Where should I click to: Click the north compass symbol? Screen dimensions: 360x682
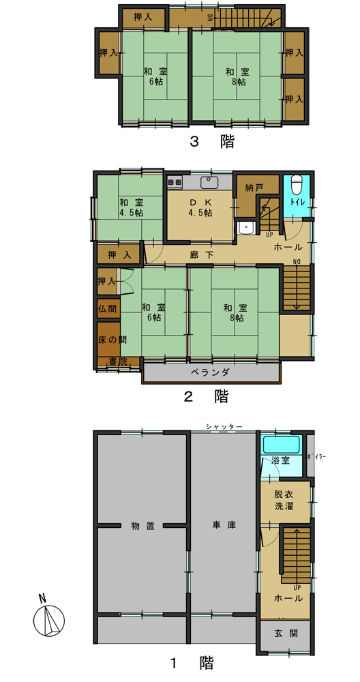(48, 618)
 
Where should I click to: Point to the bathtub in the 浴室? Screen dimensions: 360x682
(282, 445)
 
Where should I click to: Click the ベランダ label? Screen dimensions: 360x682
(210, 372)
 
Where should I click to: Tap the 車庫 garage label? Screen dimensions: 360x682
(224, 525)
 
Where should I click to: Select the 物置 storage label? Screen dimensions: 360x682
(143, 526)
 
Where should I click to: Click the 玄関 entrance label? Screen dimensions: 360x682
(286, 634)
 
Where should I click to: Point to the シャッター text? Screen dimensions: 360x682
(224, 427)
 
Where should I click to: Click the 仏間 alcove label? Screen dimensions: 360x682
(107, 309)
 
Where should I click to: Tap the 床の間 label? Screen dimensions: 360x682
(108, 340)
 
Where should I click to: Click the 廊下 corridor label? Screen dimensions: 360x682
(201, 255)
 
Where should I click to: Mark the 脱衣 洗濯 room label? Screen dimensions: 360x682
(284, 501)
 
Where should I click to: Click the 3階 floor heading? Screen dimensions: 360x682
(212, 142)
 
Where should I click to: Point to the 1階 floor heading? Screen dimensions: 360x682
(191, 664)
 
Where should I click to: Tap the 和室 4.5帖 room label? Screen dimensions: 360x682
(131, 207)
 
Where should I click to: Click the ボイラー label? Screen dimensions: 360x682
(316, 457)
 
